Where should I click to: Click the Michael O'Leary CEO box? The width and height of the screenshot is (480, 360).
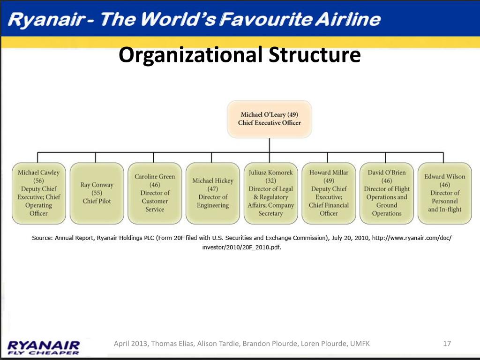click(270, 119)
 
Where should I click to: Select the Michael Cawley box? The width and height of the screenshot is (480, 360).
click(38, 193)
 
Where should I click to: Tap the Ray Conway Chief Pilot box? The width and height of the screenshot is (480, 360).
click(97, 193)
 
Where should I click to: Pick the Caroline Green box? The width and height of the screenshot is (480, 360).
click(155, 193)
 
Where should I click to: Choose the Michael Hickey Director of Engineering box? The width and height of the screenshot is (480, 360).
click(213, 193)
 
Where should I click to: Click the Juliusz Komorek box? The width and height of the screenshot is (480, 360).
click(270, 193)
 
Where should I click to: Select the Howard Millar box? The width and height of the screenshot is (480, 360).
click(329, 193)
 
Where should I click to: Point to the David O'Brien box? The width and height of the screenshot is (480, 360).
click(387, 193)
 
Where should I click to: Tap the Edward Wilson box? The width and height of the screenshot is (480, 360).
click(445, 193)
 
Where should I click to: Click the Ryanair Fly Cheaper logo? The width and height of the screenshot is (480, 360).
click(44, 348)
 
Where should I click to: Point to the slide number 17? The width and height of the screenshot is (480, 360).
click(447, 344)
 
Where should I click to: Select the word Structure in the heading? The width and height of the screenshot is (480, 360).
click(315, 55)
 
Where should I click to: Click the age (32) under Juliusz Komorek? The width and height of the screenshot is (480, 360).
click(270, 180)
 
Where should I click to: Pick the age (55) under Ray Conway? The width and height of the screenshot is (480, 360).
click(97, 193)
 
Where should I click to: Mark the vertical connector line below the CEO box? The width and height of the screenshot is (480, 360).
click(270, 145)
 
